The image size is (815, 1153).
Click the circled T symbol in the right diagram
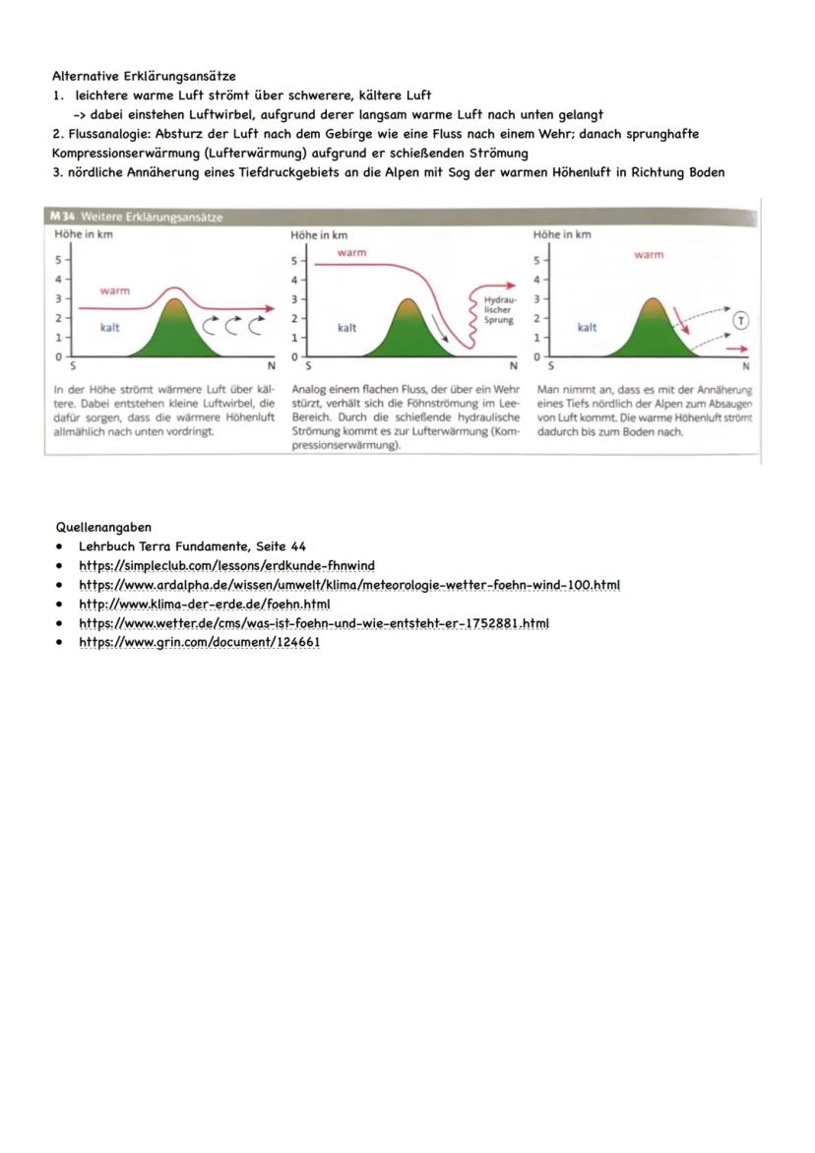740,319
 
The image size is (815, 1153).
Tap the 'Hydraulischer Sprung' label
499,309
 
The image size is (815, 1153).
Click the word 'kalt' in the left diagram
110,328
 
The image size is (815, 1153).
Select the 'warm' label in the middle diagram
351,253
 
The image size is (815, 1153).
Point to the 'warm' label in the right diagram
649,255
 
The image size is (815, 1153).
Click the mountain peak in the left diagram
174,292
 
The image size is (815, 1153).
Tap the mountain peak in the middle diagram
407,302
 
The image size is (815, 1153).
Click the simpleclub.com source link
226,565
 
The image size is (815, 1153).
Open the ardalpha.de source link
349,585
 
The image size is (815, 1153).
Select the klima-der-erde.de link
204,604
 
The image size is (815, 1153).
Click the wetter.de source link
313,623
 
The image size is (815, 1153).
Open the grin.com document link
199,642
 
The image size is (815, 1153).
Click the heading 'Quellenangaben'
103,527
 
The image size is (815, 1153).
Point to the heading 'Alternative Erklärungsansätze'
144,76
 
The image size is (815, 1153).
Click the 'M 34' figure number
62,217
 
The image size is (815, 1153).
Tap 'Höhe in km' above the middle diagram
319,235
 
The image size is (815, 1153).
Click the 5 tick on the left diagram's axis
58,260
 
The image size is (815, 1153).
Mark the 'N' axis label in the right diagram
746,365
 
